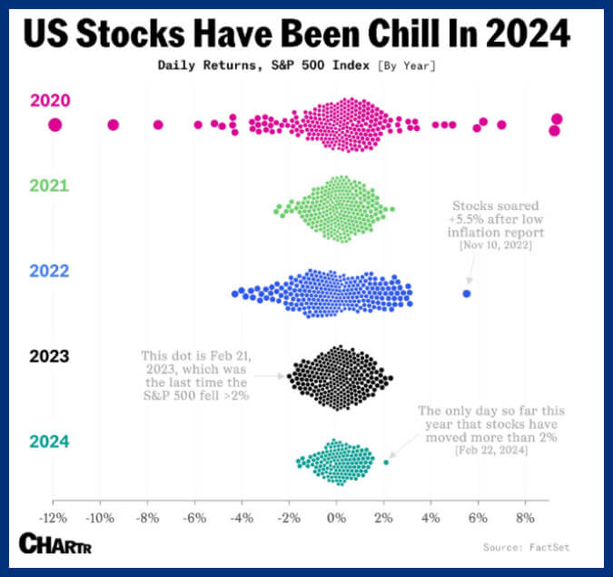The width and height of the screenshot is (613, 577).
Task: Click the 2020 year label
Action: tap(50, 101)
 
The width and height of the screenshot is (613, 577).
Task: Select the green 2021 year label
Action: tap(49, 185)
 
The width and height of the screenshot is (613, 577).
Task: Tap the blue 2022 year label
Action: tap(49, 271)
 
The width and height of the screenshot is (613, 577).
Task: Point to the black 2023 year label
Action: tap(49, 356)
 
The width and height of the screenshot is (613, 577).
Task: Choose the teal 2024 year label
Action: tap(49, 442)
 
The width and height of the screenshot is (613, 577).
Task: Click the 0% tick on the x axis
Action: tap(336, 518)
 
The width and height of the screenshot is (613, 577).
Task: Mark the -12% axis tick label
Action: tap(54, 518)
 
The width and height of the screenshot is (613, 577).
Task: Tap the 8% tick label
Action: tap(525, 518)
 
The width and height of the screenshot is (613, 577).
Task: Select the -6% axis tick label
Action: tap(194, 518)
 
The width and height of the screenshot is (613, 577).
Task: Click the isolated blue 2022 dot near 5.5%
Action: tap(467, 293)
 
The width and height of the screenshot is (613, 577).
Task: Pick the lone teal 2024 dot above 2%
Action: tap(386, 463)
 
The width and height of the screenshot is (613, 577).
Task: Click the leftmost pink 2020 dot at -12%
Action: tap(55, 125)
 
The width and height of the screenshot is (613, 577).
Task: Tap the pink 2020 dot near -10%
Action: tap(113, 124)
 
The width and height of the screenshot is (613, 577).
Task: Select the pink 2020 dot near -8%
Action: tap(158, 124)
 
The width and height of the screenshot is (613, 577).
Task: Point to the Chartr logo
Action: tap(55, 543)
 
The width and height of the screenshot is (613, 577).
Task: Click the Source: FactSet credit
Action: tap(526, 547)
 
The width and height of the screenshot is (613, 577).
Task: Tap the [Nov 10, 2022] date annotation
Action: tap(496, 245)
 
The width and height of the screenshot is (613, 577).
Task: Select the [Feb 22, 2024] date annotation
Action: tap(491, 451)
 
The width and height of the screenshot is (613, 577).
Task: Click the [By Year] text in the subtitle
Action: tap(407, 65)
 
